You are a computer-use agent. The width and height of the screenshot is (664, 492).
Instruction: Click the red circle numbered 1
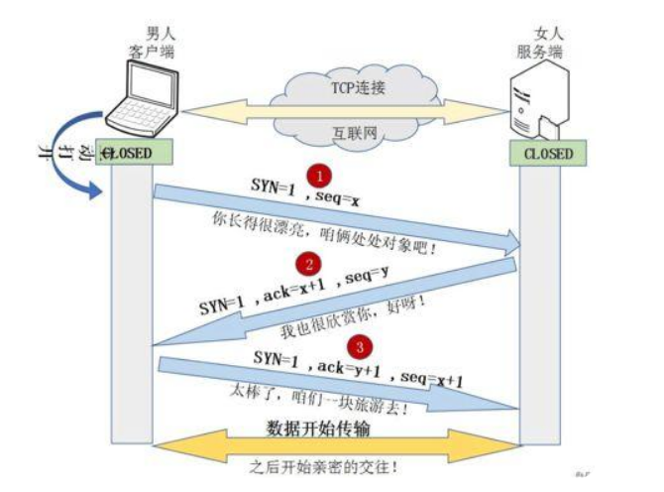(x=318, y=176)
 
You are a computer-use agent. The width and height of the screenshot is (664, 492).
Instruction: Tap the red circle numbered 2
(x=309, y=264)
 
